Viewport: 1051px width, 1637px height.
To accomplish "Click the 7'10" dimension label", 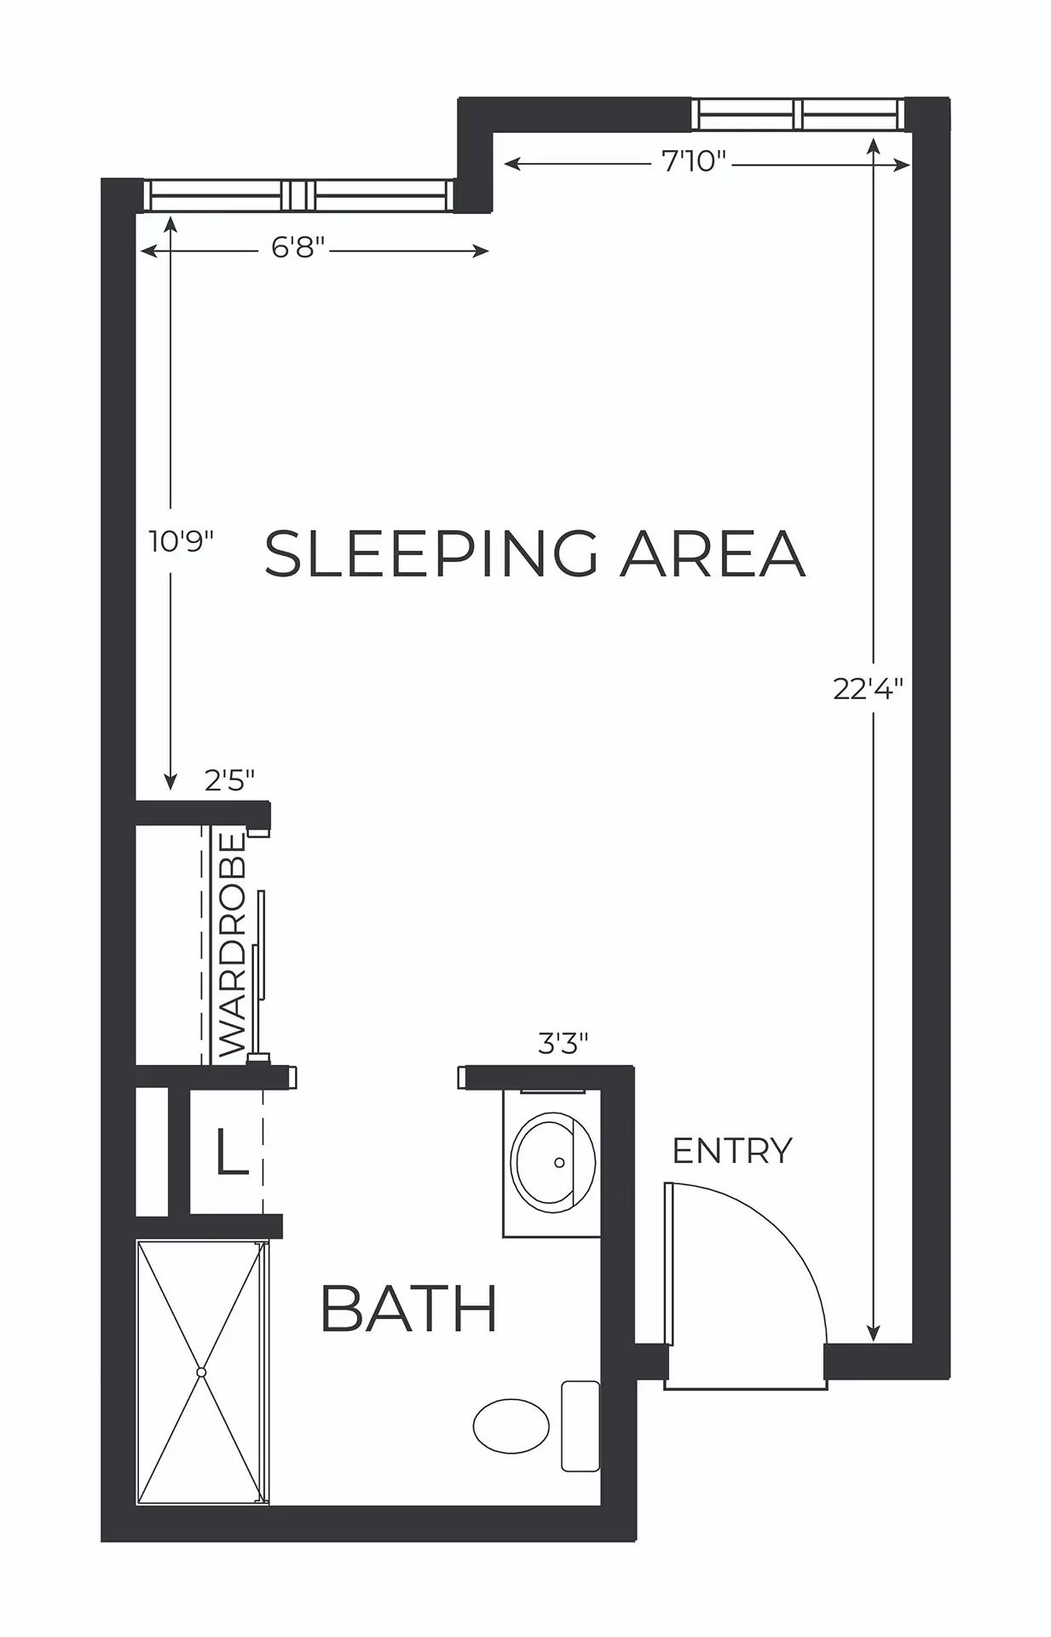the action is coord(693,160).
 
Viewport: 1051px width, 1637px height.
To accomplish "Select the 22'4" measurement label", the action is coord(868,688).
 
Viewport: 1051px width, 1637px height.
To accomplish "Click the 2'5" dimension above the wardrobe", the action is coord(230,779).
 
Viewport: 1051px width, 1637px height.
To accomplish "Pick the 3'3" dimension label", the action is coord(563,1043).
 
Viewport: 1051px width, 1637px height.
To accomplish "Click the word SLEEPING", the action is coord(431,553).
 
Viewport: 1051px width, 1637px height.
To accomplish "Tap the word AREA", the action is coord(712,553).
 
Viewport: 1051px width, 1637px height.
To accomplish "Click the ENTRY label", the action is coord(732,1150).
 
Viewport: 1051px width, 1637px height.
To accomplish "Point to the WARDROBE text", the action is coord(232,945).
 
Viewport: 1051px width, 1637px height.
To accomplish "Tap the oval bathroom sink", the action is coord(553,1161).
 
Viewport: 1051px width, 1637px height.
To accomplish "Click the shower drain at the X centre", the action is coord(201,1372).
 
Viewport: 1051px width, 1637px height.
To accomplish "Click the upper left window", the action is coord(299,194).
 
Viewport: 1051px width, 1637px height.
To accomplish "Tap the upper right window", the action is coord(798,114).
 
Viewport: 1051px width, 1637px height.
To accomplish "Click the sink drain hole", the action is coord(560,1162).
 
